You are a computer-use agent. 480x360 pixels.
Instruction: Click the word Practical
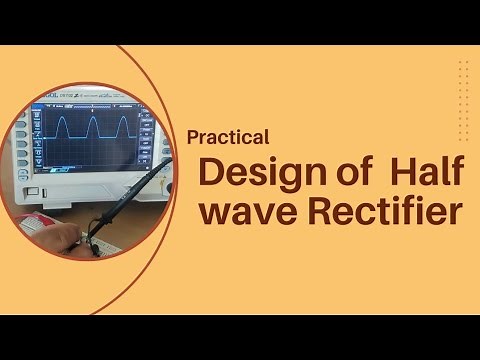coord(228,137)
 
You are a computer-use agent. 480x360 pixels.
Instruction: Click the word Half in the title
coord(428,172)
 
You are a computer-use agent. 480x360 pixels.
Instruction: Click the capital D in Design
coord(211,172)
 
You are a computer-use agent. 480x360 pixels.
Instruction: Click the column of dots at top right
coord(463,86)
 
